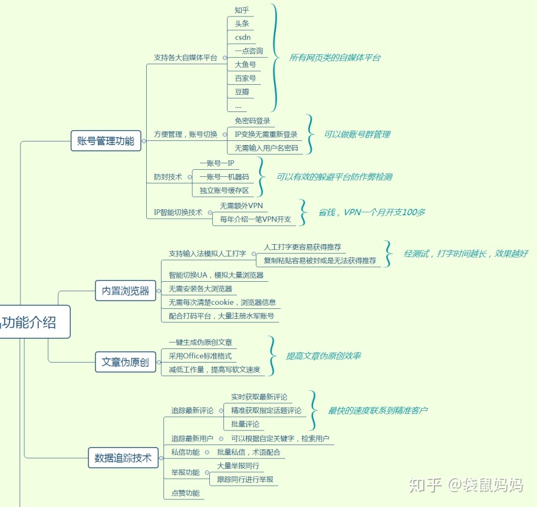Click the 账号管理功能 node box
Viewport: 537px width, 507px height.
click(106, 141)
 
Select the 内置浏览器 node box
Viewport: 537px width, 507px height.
click(126, 291)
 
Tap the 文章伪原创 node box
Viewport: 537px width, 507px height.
click(125, 362)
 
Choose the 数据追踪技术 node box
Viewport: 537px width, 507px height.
click(123, 457)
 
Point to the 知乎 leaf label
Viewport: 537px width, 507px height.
click(242, 10)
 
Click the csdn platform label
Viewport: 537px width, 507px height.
click(242, 37)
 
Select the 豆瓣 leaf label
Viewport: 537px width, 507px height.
click(242, 92)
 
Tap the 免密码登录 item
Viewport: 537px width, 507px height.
click(252, 121)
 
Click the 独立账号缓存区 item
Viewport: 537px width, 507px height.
click(224, 190)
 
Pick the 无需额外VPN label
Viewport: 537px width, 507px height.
click(242, 206)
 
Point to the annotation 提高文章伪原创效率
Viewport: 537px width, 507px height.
click(323, 355)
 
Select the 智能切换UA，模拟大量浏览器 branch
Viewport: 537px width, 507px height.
click(216, 275)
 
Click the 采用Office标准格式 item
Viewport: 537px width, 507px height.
click(200, 356)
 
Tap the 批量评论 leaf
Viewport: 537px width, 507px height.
click(245, 424)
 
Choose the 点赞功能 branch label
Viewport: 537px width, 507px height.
click(185, 493)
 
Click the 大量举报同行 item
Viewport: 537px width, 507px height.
click(238, 466)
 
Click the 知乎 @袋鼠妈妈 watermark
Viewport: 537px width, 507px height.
click(466, 485)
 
